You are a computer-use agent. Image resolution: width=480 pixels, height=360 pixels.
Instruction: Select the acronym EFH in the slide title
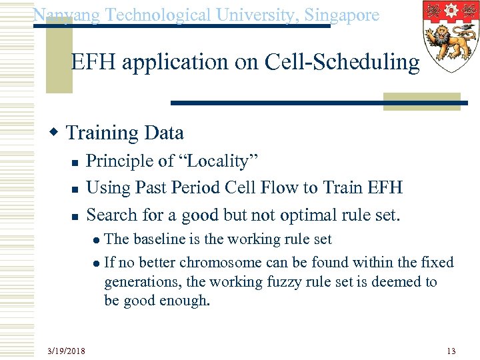pyautogui.click(x=97, y=62)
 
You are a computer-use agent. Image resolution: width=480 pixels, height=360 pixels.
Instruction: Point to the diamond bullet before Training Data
pyautogui.click(x=58, y=132)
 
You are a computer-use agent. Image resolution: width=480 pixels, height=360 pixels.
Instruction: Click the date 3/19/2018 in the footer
pyautogui.click(x=66, y=351)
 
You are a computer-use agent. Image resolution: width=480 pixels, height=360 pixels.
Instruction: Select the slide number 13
pyautogui.click(x=451, y=351)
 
